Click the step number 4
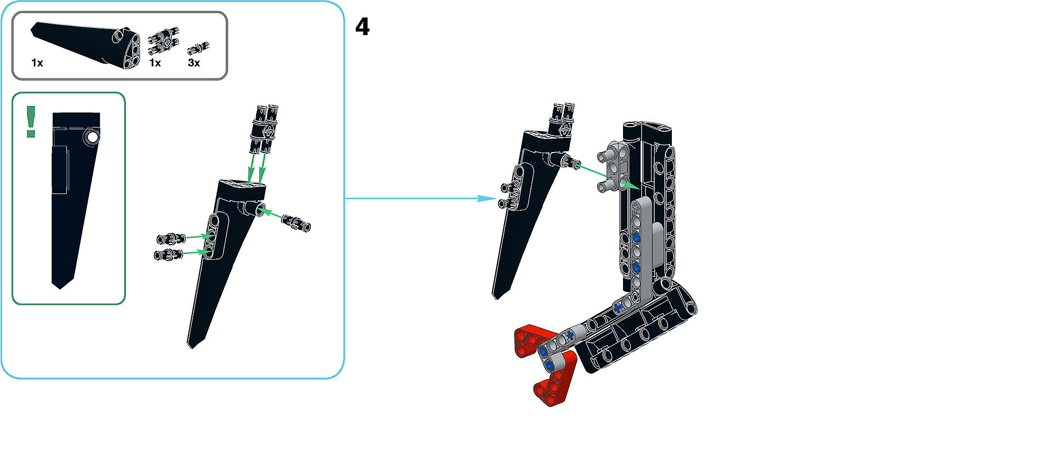(x=362, y=26)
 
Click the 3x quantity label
(x=194, y=63)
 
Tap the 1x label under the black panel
(x=37, y=63)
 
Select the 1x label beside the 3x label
(x=155, y=63)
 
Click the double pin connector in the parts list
(x=164, y=42)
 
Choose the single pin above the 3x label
(x=199, y=48)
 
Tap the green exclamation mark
(x=31, y=121)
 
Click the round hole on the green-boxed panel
(x=92, y=137)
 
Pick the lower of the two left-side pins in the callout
(x=168, y=254)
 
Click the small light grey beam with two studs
(x=613, y=167)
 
